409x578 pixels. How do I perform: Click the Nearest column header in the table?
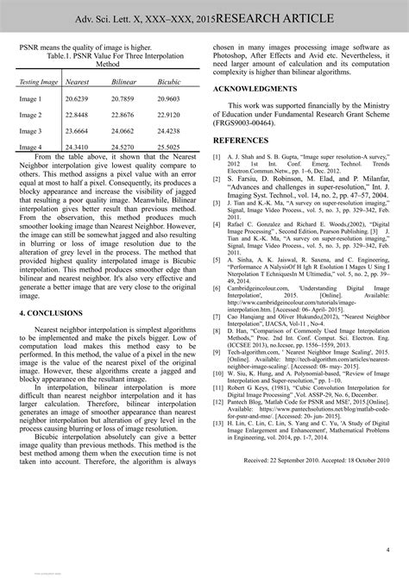point(79,81)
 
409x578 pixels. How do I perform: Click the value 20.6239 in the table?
point(79,99)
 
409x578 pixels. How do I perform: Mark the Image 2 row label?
point(31,115)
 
